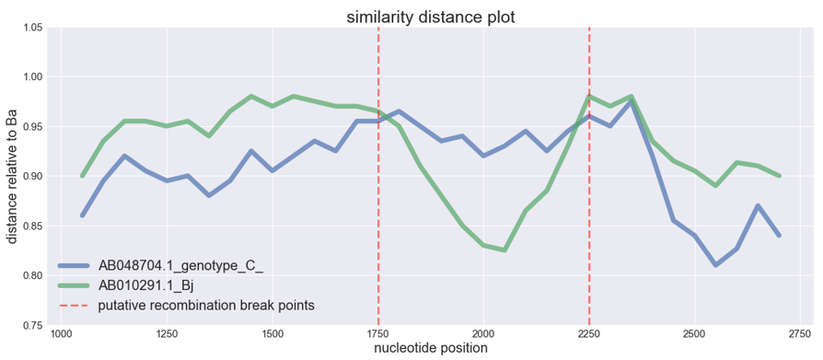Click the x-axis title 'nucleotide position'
430,349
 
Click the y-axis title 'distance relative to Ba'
12,176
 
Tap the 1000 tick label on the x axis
61,333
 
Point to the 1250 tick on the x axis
167,333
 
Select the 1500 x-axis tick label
272,333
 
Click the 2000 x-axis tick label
483,333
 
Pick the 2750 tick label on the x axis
800,333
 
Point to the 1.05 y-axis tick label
31,28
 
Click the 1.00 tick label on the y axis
31,77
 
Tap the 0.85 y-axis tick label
31,226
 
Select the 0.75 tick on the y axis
31,326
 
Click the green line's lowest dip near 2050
504,250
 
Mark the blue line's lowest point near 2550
715,265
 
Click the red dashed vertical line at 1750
378,184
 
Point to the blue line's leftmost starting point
82,215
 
